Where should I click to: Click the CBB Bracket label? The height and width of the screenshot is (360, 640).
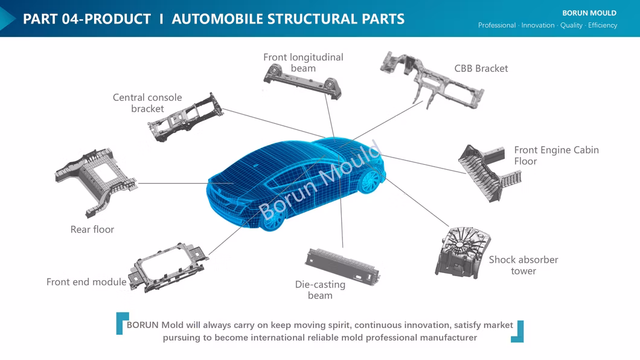click(481, 68)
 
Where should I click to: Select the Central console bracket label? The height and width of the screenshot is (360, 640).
click(147, 103)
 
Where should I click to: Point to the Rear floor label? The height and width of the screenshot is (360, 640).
click(92, 230)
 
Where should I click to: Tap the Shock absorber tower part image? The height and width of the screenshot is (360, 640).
click(462, 253)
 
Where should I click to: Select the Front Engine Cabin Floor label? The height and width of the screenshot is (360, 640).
click(555, 155)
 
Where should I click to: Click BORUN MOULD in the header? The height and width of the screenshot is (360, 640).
click(589, 13)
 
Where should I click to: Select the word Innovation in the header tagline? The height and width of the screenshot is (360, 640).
click(537, 25)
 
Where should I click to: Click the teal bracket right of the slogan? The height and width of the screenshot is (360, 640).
click(518, 332)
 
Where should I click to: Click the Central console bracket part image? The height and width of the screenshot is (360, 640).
click(185, 117)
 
